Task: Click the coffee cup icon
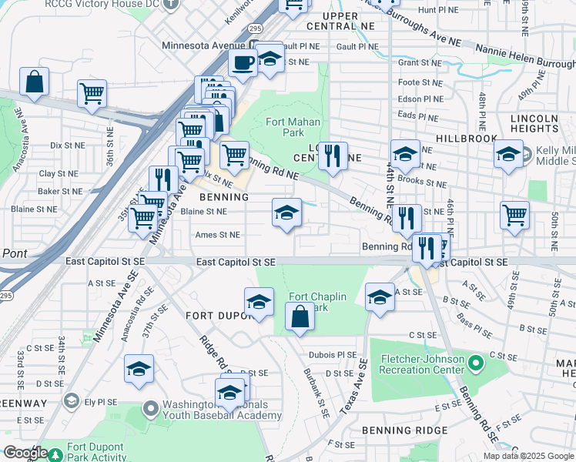[243, 63]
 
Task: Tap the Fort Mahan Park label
[293, 127]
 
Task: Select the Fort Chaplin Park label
[317, 302]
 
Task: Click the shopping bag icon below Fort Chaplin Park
[300, 316]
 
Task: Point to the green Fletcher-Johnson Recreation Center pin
[476, 361]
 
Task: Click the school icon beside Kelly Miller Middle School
[507, 155]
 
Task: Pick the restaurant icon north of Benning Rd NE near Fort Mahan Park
[333, 157]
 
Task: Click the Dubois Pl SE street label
[331, 355]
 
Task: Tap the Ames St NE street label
[217, 235]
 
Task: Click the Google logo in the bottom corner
[25, 453]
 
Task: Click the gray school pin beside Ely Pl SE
[72, 400]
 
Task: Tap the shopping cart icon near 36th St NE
[92, 94]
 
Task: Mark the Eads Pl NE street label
[417, 117]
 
